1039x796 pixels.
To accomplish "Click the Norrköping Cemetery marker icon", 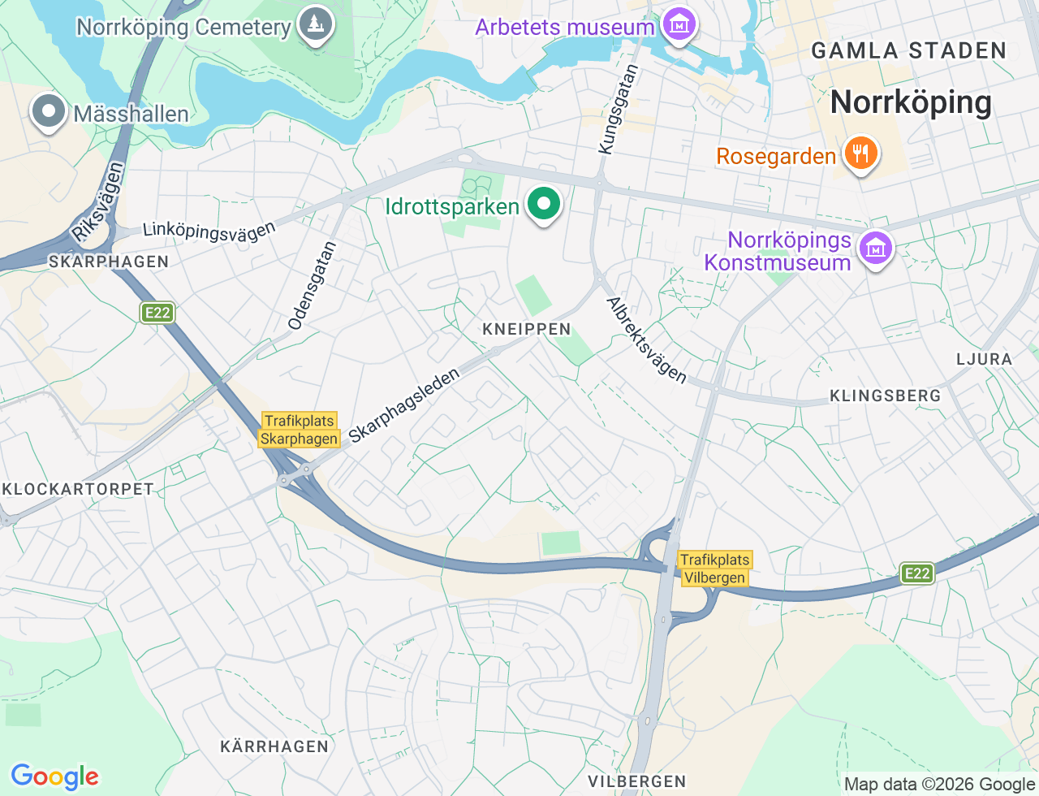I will pos(315,25).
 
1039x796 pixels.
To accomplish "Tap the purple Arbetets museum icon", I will pos(679,25).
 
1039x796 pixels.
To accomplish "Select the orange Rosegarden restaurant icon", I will pos(860,154).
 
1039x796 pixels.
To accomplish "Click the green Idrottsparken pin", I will pos(544,205).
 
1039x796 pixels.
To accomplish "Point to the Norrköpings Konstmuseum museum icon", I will pos(875,249).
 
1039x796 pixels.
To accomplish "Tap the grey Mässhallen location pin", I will pos(48,113).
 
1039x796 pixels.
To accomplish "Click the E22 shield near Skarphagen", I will pos(157,313).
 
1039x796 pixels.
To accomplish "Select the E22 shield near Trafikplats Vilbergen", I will pos(917,573).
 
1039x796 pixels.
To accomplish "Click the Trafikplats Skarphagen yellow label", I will pos(300,430).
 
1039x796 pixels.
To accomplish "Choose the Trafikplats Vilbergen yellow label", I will pos(714,569).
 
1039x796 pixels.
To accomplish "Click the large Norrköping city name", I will pos(911,102).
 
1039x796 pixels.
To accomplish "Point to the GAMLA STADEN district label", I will pos(909,50).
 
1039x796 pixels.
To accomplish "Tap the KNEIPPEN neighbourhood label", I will pos(527,329).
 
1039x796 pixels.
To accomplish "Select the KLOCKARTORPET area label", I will pos(78,489).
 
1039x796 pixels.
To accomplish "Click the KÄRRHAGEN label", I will pos(274,746).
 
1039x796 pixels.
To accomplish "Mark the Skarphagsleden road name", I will pos(404,405).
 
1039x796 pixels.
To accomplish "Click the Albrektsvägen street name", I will pos(647,340).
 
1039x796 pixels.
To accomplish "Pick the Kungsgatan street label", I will pos(619,110).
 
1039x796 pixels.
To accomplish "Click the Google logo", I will pos(54,777).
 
